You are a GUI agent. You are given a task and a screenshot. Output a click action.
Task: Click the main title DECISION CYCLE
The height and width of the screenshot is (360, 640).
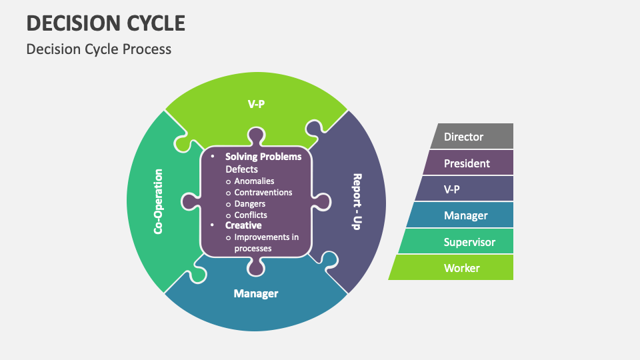tap(106, 23)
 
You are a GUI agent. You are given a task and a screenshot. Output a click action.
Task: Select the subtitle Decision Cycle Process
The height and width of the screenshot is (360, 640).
tap(99, 49)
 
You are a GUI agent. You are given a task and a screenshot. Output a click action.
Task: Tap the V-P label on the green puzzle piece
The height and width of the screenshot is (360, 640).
tap(256, 103)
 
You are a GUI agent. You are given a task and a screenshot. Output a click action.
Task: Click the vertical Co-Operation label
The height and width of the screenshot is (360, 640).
tap(159, 201)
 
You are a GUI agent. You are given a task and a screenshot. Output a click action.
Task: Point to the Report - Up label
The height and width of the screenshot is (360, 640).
tap(356, 201)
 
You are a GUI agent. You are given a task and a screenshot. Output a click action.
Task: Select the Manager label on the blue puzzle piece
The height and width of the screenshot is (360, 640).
tap(256, 293)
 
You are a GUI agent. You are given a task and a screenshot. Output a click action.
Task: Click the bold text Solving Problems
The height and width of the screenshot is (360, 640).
tap(263, 157)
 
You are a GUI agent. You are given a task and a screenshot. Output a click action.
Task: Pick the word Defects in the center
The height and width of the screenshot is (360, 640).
tap(241, 169)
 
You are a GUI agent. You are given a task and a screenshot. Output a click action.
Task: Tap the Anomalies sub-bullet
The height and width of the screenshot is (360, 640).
tap(254, 181)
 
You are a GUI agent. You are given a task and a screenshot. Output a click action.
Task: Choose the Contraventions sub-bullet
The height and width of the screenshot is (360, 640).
tap(263, 192)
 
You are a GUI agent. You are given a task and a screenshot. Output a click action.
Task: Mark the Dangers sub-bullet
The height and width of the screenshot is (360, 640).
tap(249, 203)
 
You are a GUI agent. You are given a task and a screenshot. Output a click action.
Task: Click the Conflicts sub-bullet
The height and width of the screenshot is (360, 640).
tap(251, 215)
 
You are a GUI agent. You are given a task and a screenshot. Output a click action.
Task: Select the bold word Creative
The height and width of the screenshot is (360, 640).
tap(243, 225)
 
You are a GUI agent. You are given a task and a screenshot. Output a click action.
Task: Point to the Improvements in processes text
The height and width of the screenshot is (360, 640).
tap(266, 243)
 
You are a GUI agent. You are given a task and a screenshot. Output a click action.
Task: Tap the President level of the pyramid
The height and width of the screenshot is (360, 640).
tap(467, 163)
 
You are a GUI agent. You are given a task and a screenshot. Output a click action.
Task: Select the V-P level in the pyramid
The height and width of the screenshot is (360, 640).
tap(464, 189)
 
